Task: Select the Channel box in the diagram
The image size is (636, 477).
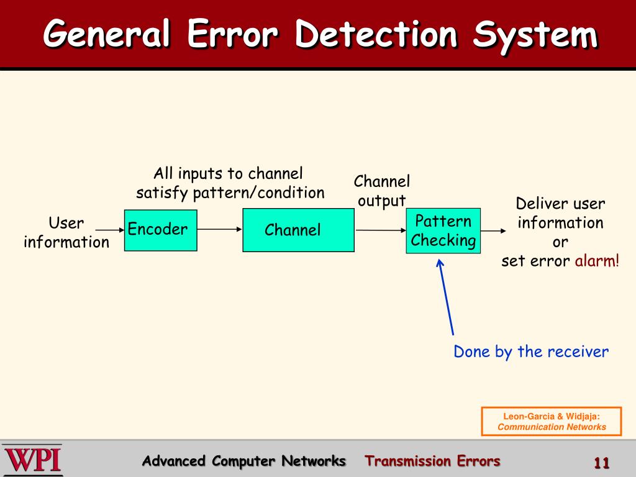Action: (298, 230)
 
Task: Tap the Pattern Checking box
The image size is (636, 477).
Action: (443, 230)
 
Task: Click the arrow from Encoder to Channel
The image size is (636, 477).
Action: (219, 229)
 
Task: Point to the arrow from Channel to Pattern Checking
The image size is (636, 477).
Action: (380, 230)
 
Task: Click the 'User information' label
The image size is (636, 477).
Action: (66, 232)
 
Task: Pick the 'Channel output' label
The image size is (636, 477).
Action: (382, 191)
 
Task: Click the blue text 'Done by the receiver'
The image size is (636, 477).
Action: (531, 352)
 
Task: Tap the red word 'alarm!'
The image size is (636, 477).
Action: (597, 261)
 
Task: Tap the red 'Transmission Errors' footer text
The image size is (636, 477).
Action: (432, 461)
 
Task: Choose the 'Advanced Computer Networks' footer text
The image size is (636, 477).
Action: (243, 461)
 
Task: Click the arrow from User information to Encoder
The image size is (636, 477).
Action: (111, 230)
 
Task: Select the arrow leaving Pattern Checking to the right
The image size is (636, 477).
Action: (493, 231)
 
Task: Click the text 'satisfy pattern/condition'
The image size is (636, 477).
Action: (230, 193)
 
